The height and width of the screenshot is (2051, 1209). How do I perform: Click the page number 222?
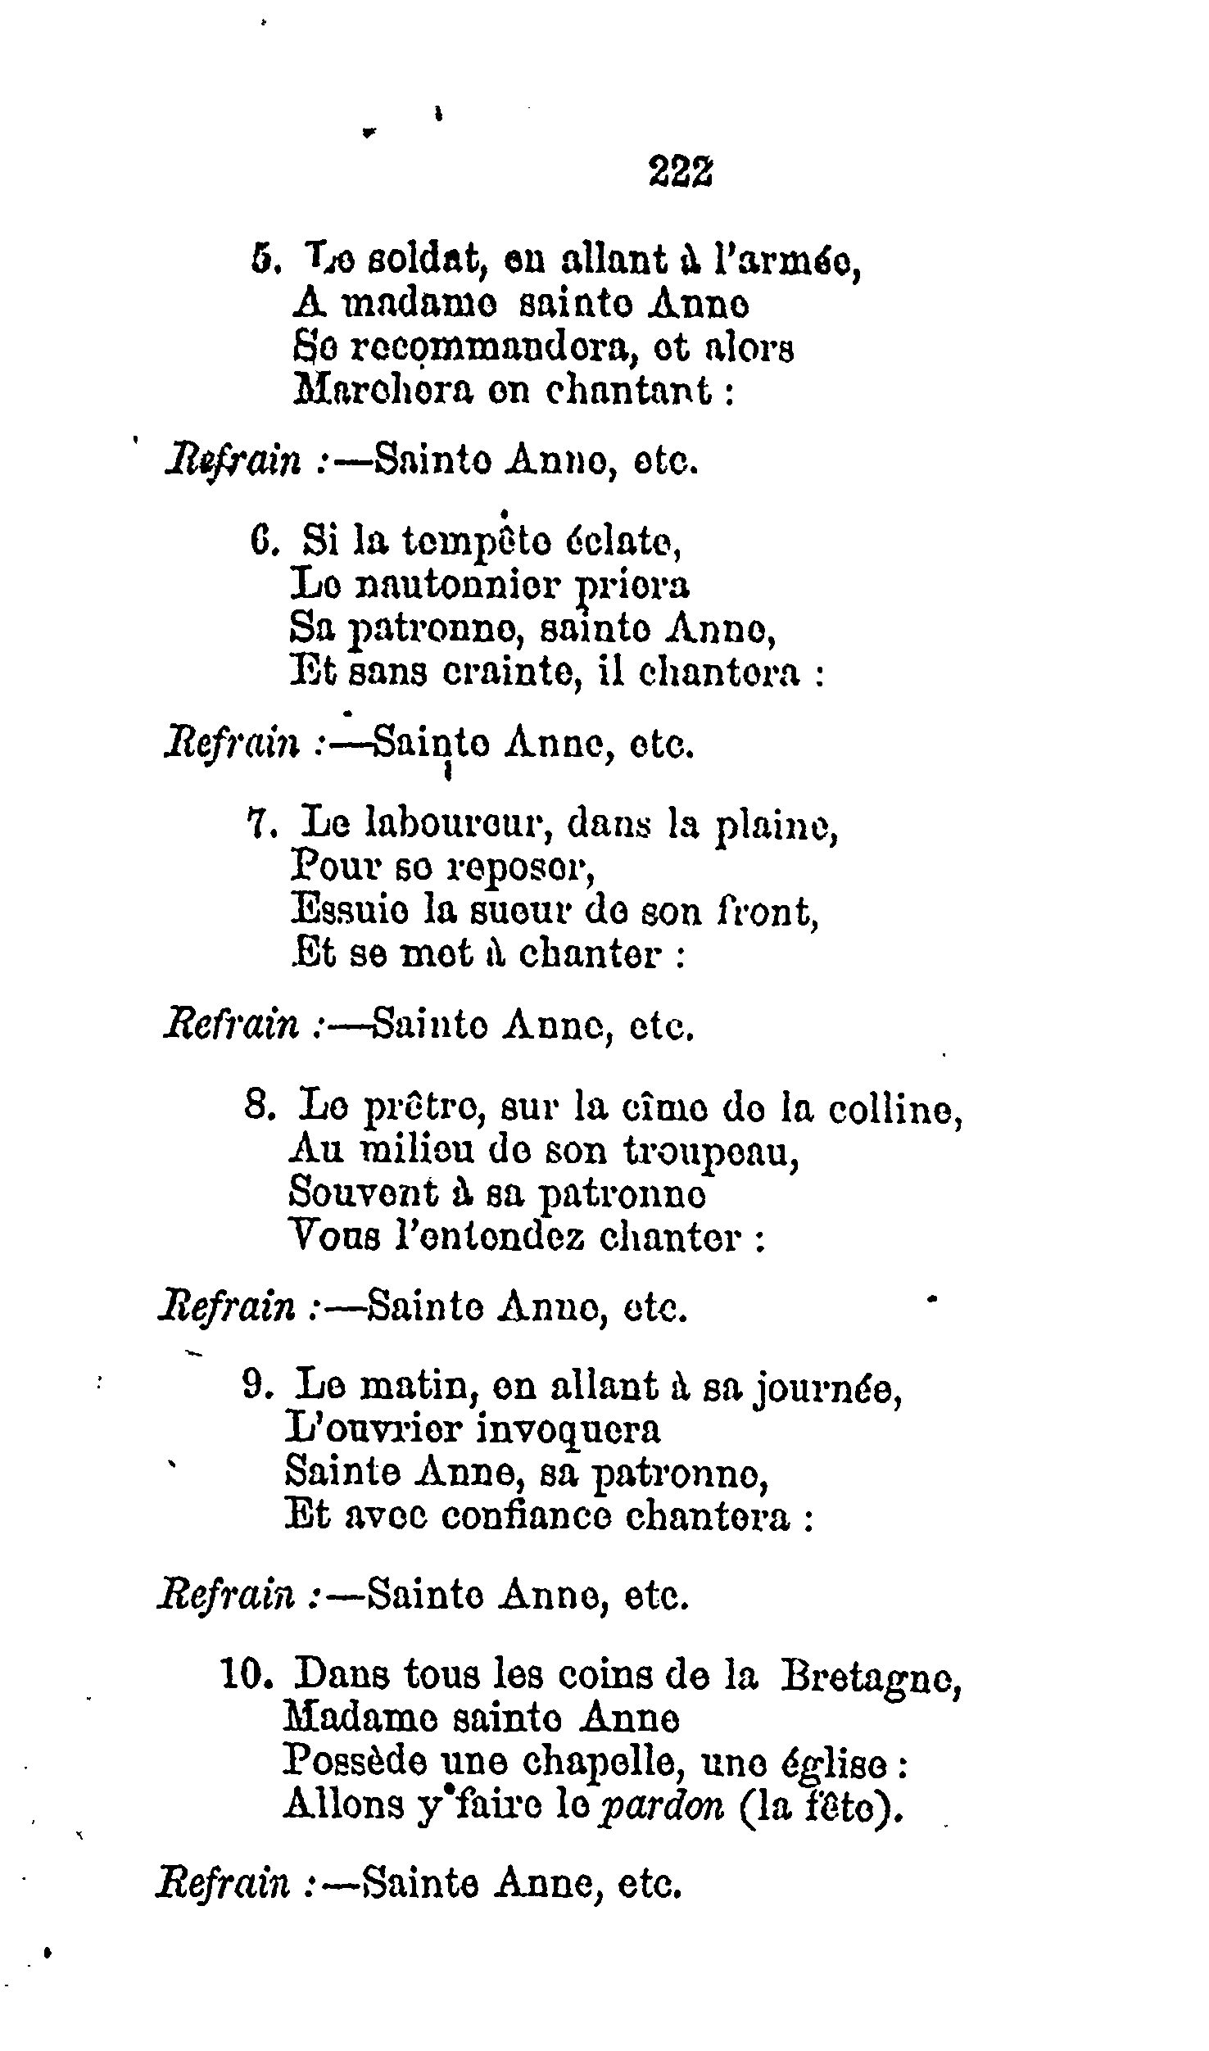pos(679,171)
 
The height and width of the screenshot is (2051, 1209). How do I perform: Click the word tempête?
pos(464,542)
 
